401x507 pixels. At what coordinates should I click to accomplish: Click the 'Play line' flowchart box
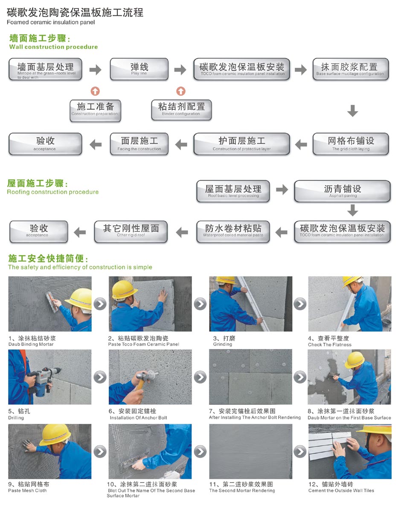[139, 69]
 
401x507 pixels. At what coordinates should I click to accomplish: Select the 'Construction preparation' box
[95, 111]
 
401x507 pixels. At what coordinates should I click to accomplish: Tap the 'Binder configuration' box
[181, 110]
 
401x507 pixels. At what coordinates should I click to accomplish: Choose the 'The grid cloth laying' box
[351, 144]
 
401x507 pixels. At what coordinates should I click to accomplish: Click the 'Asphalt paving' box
[342, 191]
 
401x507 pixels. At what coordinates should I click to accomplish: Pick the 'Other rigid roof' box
[131, 231]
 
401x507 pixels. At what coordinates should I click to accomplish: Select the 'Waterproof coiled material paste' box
[233, 231]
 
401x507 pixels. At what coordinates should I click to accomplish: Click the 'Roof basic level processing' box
[233, 191]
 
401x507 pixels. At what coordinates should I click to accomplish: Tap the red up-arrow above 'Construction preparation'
[95, 91]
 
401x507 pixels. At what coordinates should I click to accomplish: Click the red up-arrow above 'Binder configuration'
[181, 91]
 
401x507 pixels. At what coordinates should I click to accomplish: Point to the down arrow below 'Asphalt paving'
[352, 210]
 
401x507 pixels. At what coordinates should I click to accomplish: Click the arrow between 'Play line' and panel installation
[180, 70]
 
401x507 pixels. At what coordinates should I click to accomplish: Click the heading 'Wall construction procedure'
[54, 47]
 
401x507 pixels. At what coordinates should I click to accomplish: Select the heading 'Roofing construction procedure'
[53, 192]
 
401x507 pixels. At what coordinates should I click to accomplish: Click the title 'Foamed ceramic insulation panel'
[51, 22]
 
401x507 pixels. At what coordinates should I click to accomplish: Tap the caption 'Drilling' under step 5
[16, 418]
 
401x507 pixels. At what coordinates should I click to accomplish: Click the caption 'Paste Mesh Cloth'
[27, 490]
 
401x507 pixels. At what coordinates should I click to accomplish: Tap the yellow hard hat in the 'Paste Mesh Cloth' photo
[55, 434]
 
